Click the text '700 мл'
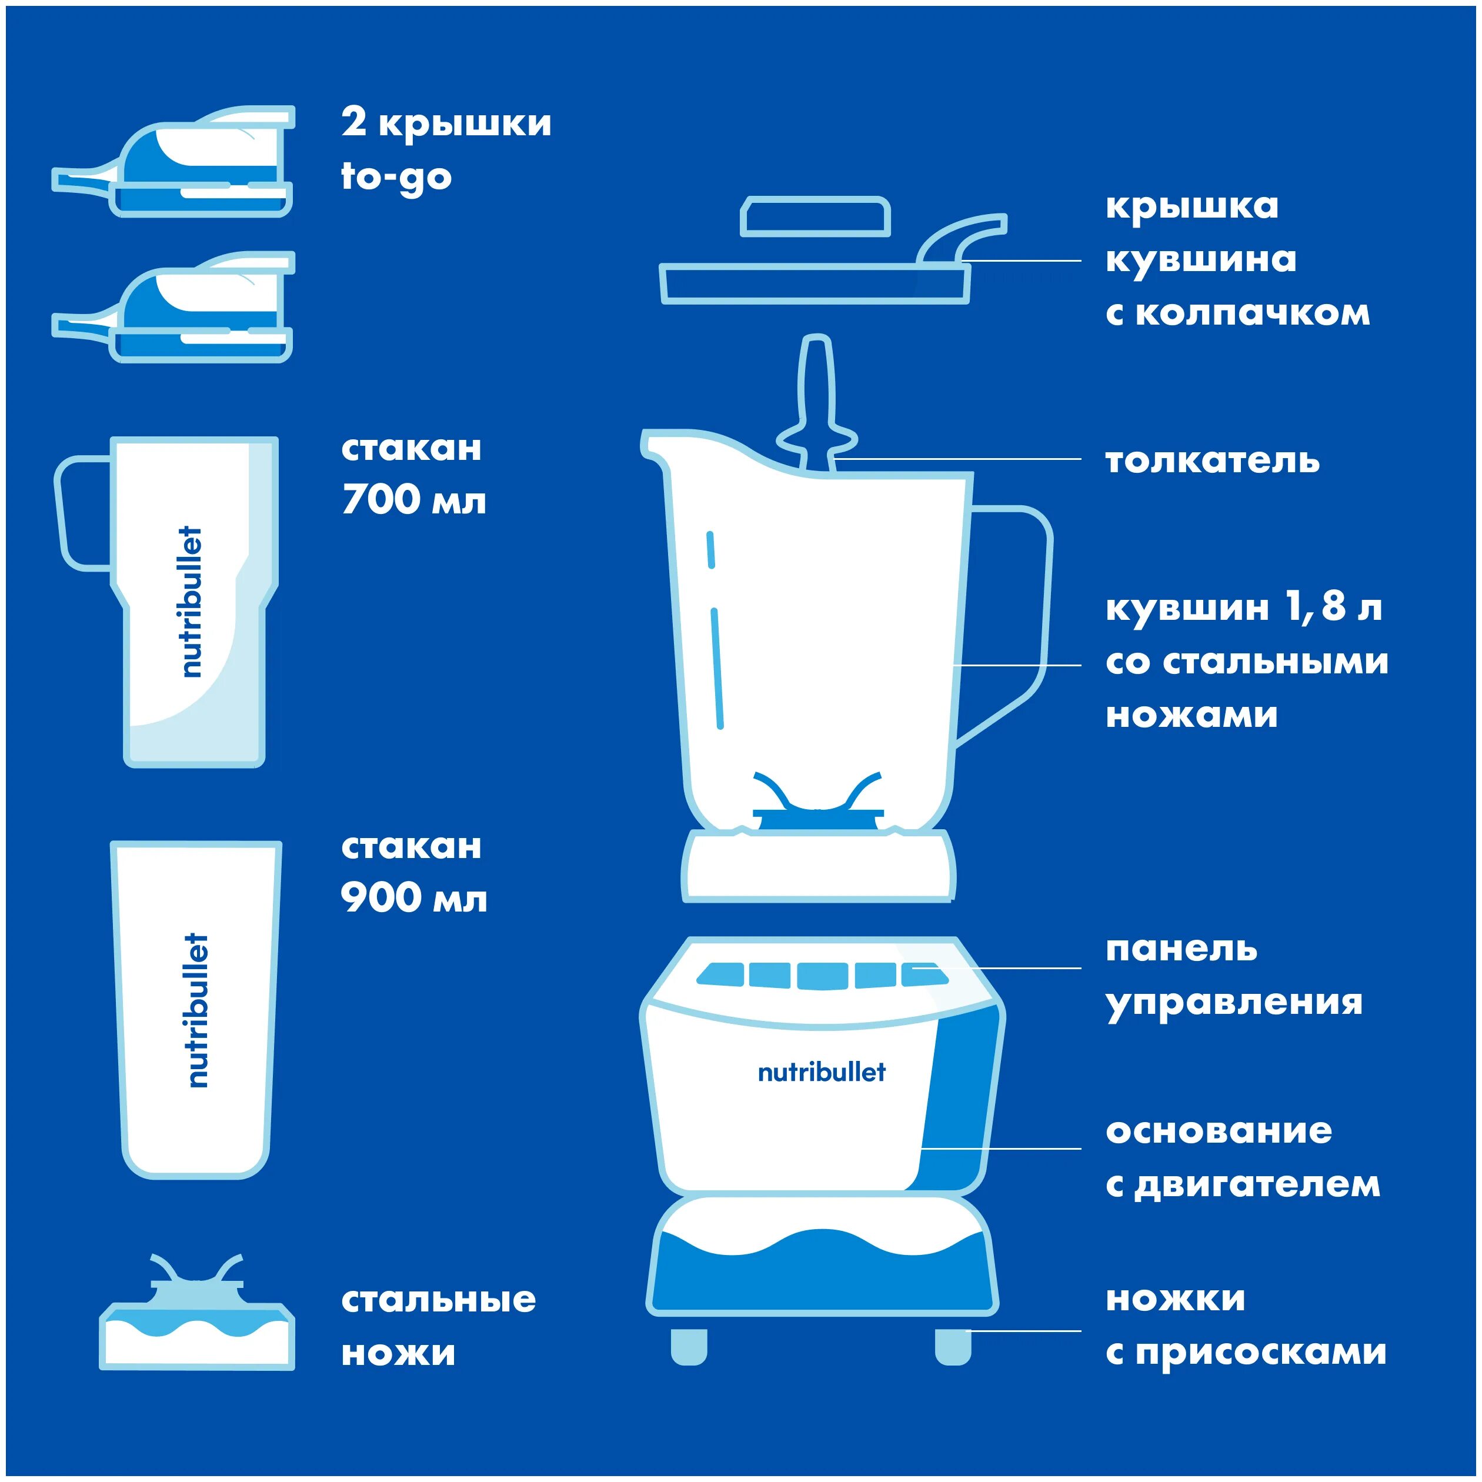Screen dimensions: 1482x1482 pyautogui.click(x=413, y=500)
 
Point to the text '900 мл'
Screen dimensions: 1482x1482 pyautogui.click(x=413, y=898)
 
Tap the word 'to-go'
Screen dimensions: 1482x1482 pyautogui.click(x=396, y=176)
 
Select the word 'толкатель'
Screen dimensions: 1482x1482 pyautogui.click(x=1212, y=461)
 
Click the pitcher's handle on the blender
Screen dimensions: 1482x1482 pyautogui.click(x=1020, y=613)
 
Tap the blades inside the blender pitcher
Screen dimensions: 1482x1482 pyautogui.click(x=816, y=802)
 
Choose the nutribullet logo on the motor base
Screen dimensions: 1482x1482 pyautogui.click(x=821, y=1072)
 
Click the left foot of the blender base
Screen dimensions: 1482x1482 pyautogui.click(x=689, y=1346)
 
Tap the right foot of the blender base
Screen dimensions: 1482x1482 pyautogui.click(x=953, y=1346)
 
